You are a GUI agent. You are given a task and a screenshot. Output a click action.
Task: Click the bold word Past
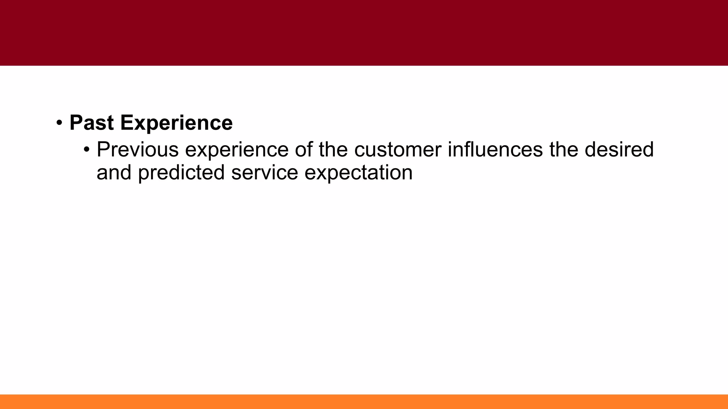pyautogui.click(x=92, y=123)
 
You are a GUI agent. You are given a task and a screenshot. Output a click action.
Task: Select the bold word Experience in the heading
pyautogui.click(x=176, y=124)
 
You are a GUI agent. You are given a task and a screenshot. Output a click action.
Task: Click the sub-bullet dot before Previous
pyautogui.click(x=86, y=149)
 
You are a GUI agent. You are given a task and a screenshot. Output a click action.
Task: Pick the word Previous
pyautogui.click(x=138, y=149)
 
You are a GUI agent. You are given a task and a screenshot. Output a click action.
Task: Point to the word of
pyautogui.click(x=303, y=149)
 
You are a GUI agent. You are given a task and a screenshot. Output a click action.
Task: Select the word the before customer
pyautogui.click(x=333, y=149)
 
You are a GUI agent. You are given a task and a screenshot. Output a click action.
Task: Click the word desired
pyautogui.click(x=619, y=149)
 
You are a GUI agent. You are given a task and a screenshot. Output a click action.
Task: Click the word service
pyautogui.click(x=264, y=173)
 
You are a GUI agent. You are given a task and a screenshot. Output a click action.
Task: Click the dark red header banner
pyautogui.click(x=364, y=33)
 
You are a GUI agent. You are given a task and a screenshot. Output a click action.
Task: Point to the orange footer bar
pyautogui.click(x=364, y=402)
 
